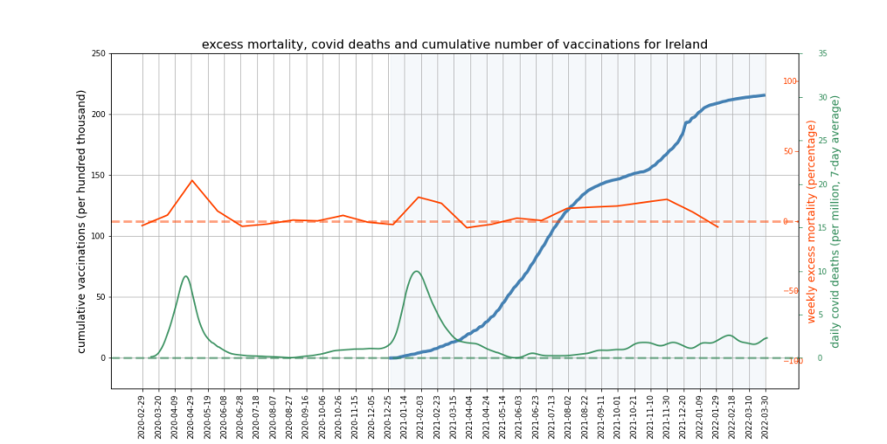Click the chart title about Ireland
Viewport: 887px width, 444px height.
(455, 44)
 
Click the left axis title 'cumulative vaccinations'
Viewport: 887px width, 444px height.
(82, 221)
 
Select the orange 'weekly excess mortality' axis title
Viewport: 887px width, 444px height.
(812, 221)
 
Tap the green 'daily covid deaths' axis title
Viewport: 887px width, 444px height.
(835, 221)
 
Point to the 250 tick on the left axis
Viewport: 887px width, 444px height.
(98, 54)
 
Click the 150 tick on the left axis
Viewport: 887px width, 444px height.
(98, 175)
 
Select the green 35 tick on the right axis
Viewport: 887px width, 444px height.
(823, 54)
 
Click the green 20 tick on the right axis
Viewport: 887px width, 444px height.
(823, 184)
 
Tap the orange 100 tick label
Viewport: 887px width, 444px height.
(790, 82)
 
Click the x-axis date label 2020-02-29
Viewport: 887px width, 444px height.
(142, 415)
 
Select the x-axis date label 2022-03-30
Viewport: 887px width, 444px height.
(765, 415)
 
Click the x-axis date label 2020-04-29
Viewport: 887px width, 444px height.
(191, 415)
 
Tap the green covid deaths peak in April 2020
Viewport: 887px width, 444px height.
(186, 276)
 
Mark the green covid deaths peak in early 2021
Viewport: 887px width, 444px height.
(417, 271)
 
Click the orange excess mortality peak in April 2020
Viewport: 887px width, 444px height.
(192, 180)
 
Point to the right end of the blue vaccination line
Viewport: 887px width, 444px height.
(765, 95)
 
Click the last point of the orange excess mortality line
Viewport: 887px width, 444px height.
(717, 227)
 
